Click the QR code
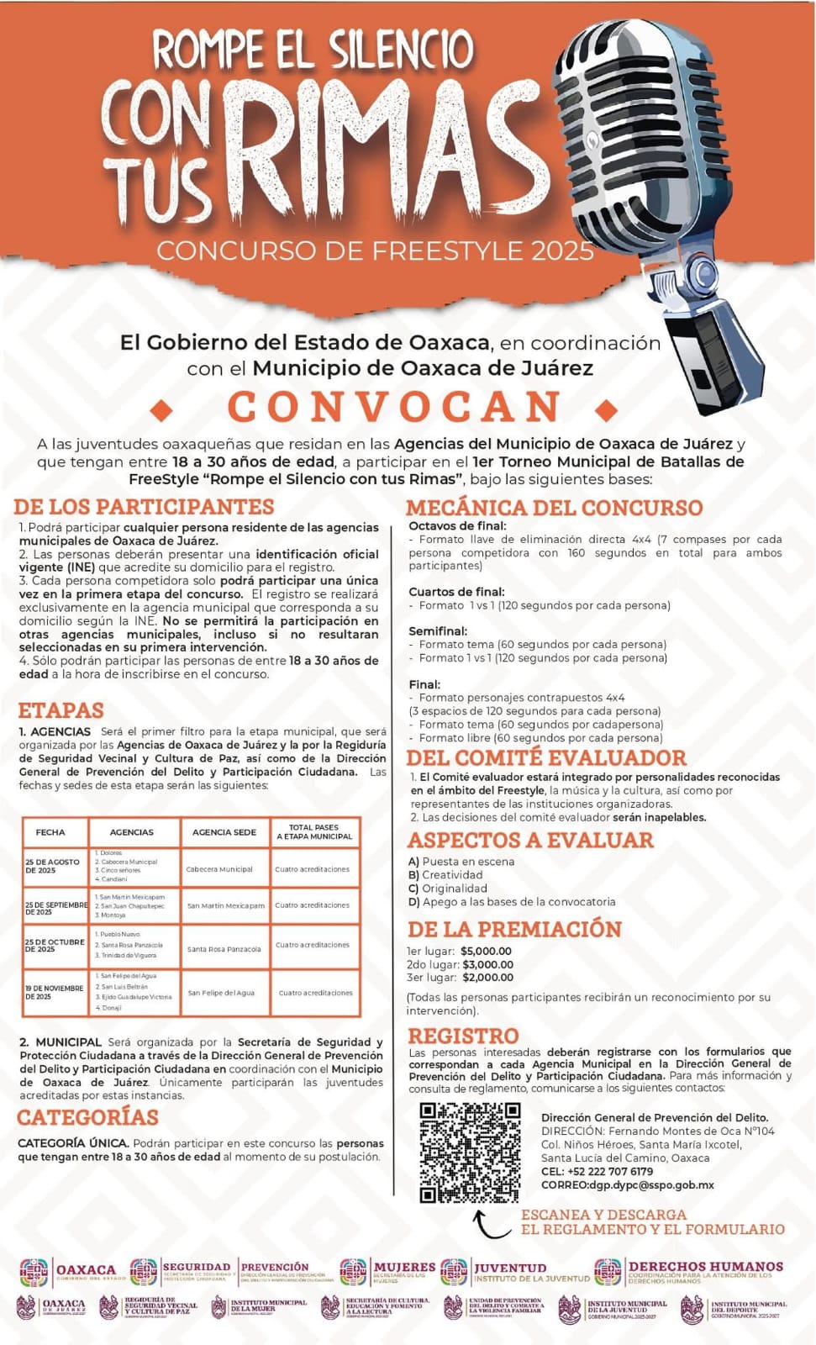470,1152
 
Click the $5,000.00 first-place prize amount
487,951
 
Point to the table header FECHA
50,832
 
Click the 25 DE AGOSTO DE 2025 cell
53,867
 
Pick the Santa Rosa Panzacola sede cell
224,949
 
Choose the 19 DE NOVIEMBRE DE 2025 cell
54,992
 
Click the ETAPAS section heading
61,710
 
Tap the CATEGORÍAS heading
87,1117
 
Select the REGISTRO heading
463,1036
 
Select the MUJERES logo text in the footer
404,1267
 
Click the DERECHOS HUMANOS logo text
705,1267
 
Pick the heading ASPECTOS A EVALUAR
530,840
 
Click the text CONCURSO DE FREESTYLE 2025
375,251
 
